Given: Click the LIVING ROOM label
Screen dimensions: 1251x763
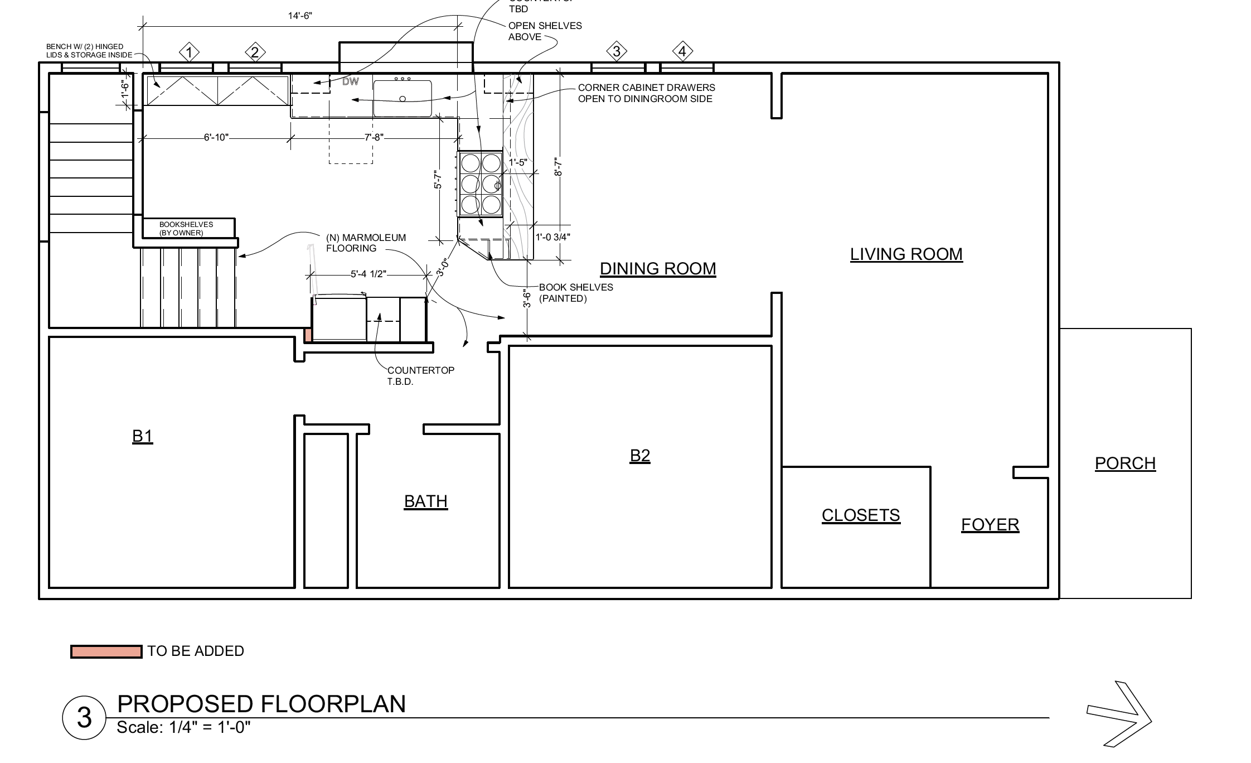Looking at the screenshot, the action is point(906,254).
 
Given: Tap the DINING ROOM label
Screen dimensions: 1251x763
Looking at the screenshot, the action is point(658,269).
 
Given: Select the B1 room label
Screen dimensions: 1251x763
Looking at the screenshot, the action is point(143,436).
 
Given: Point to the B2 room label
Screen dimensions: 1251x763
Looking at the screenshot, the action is point(640,456).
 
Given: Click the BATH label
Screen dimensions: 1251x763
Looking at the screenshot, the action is point(426,502).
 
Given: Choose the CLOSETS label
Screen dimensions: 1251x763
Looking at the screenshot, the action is point(861,515).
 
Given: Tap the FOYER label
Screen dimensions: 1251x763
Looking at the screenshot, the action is point(990,525).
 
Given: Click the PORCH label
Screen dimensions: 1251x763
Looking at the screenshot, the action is point(1125,463).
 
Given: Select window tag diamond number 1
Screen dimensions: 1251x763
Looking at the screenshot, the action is point(190,52).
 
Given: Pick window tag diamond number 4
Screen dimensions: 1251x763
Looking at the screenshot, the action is point(682,52).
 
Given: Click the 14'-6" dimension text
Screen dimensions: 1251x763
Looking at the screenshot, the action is point(300,16).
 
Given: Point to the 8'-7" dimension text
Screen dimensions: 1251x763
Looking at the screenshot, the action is point(559,166).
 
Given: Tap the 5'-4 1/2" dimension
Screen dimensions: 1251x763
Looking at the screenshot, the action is point(368,274).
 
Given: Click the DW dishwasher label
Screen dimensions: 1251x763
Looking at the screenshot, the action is point(351,82).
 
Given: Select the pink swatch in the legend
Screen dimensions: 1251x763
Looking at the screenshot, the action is point(106,651).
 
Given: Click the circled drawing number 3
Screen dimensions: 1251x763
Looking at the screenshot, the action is point(84,718).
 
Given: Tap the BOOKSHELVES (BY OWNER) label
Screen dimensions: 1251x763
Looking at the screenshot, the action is point(186,229).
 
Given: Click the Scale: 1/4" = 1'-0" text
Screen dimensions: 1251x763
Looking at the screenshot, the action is point(184,727).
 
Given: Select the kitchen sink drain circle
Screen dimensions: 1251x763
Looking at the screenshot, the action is point(403,99).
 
